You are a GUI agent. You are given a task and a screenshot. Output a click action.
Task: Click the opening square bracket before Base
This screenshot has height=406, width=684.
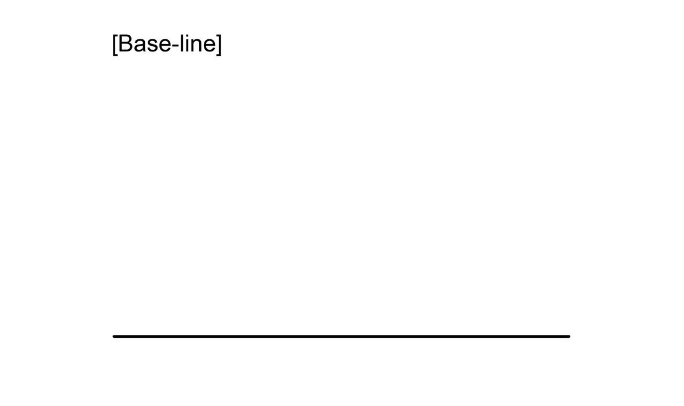point(114,44)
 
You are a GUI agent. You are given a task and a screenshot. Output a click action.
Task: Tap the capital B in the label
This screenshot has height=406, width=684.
point(125,43)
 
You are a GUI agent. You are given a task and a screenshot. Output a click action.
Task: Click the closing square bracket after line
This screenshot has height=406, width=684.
point(219,44)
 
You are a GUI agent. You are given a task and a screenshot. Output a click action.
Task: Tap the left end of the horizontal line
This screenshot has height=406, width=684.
point(114,336)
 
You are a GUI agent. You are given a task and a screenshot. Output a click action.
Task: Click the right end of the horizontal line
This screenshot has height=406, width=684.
point(569,336)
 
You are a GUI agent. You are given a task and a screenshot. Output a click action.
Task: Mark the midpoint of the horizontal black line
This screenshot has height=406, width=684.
point(342,336)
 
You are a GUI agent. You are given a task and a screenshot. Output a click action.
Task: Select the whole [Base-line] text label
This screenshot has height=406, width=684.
point(167,44)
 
